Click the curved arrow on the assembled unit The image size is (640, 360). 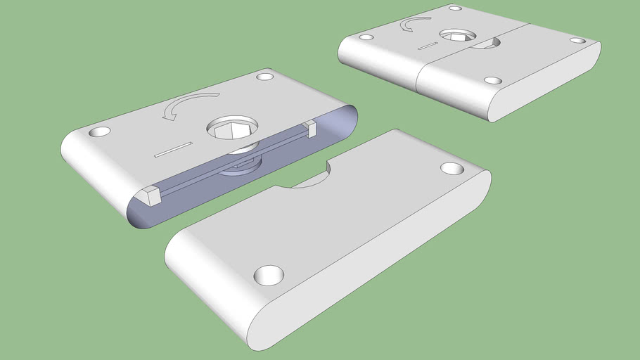click(x=414, y=25)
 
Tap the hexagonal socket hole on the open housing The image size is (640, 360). click(x=232, y=128)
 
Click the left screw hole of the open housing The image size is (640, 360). click(x=99, y=131)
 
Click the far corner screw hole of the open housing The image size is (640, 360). click(x=265, y=76)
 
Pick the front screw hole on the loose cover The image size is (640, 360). click(x=268, y=275)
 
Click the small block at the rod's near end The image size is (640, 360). click(x=151, y=196)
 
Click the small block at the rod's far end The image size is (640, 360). click(x=310, y=128)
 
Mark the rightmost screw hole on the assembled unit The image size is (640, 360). click(x=577, y=41)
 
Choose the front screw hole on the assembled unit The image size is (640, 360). click(x=493, y=81)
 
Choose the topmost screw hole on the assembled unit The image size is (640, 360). click(x=455, y=8)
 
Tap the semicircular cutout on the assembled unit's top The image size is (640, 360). click(x=485, y=44)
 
